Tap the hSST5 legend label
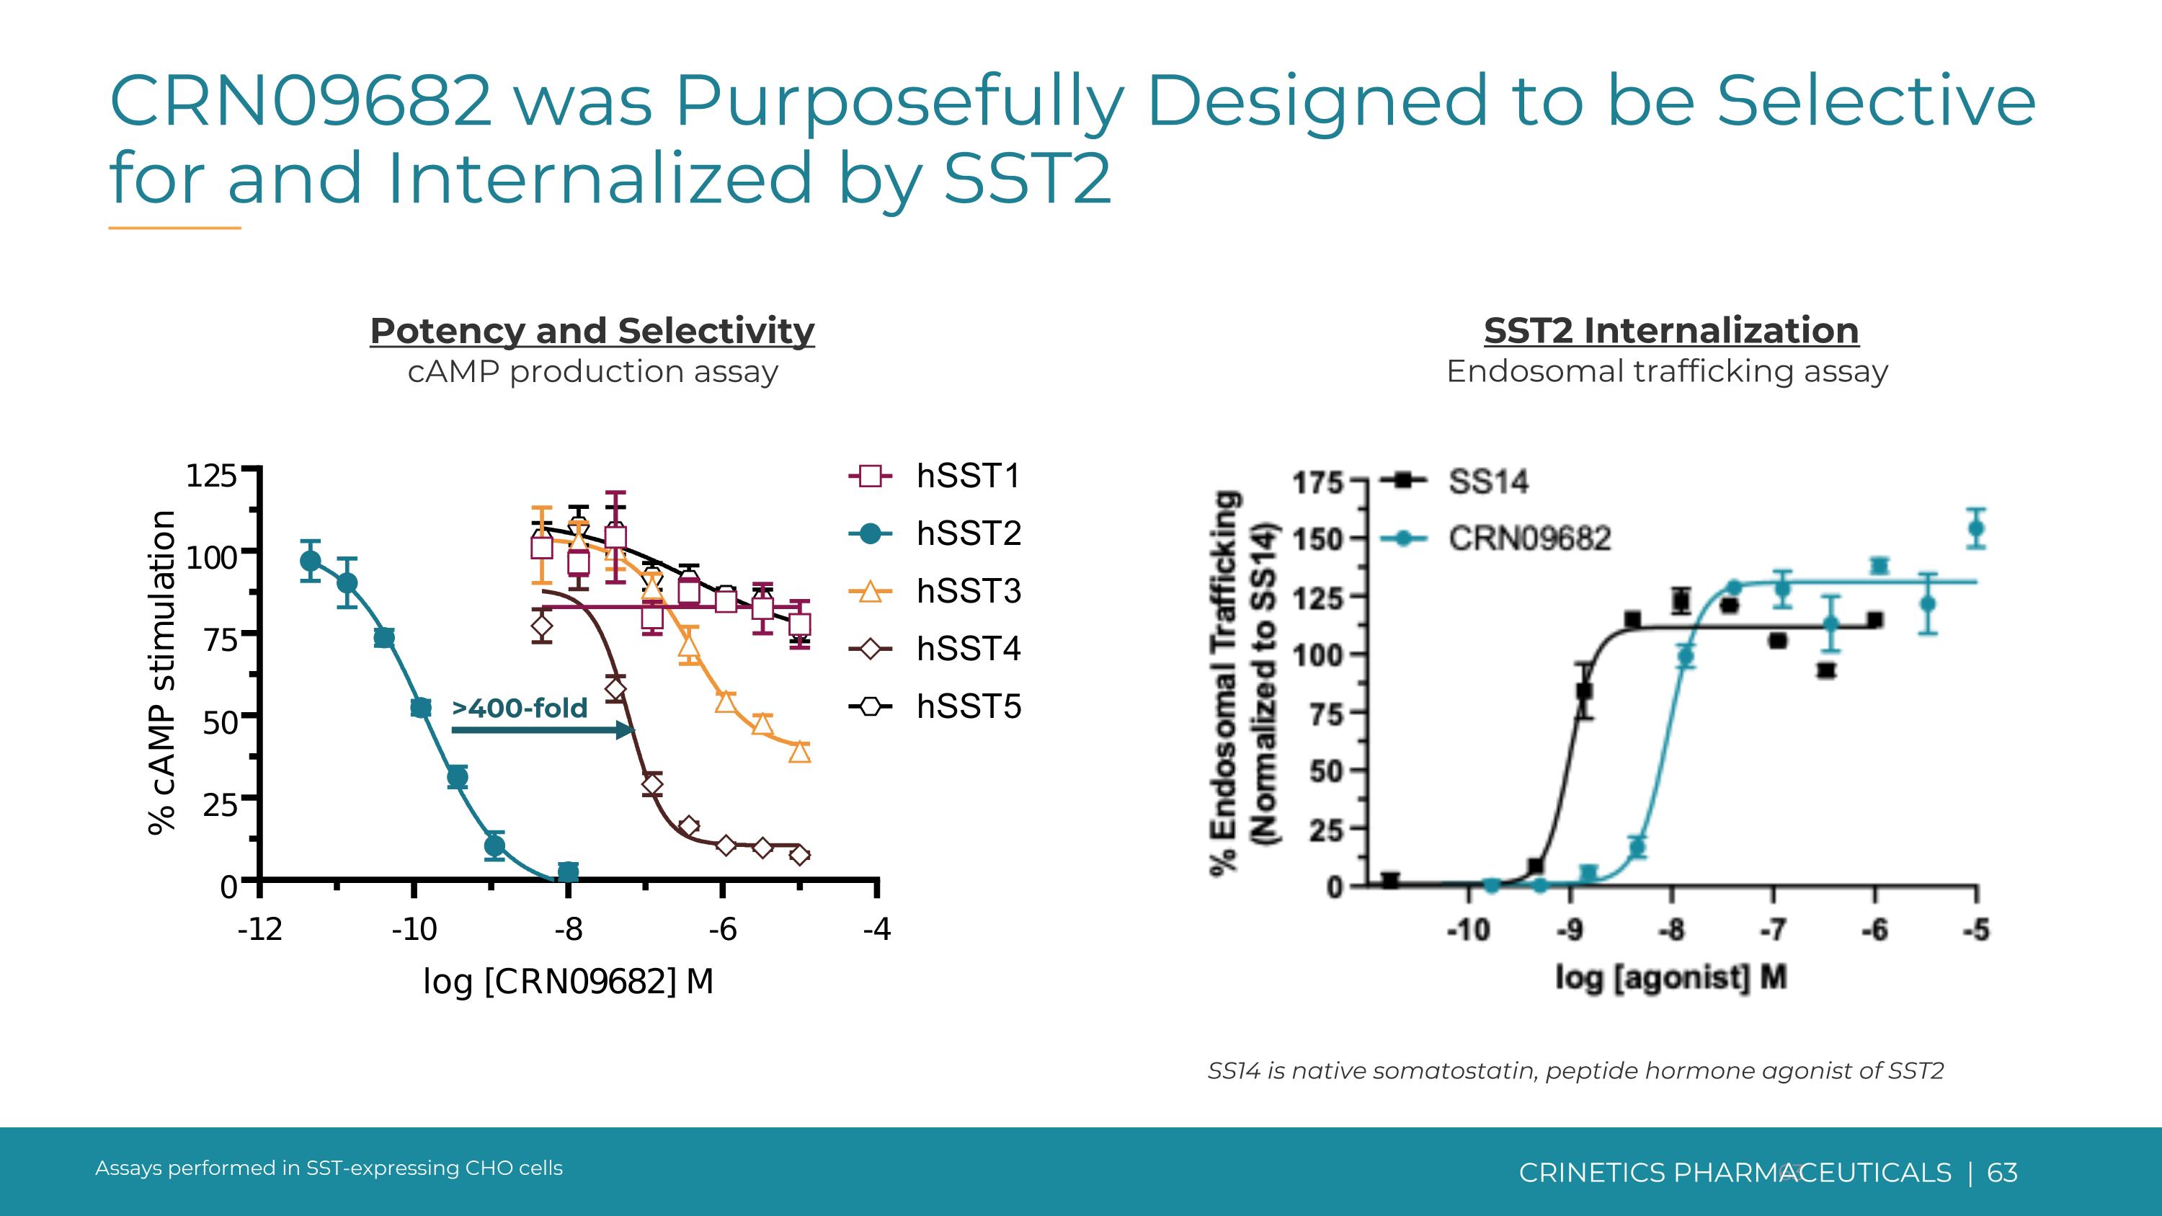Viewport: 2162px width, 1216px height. coord(968,706)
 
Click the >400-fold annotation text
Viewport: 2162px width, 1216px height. coord(520,709)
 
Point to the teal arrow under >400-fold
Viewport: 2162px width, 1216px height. coord(541,730)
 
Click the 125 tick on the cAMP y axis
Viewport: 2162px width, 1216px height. coord(210,476)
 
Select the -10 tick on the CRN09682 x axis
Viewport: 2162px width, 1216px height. coord(414,930)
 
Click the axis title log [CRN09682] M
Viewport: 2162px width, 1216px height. coord(568,981)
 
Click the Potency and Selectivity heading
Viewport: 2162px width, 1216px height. coord(592,331)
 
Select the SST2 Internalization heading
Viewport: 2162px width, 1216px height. coord(1671,331)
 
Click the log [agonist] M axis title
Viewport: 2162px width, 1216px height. coord(1671,977)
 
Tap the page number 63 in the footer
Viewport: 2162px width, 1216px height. coord(2002,1172)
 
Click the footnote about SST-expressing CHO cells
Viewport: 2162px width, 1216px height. coord(329,1168)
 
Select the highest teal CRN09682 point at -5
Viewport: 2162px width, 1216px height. coord(1977,528)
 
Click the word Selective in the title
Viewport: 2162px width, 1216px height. coord(1876,101)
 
